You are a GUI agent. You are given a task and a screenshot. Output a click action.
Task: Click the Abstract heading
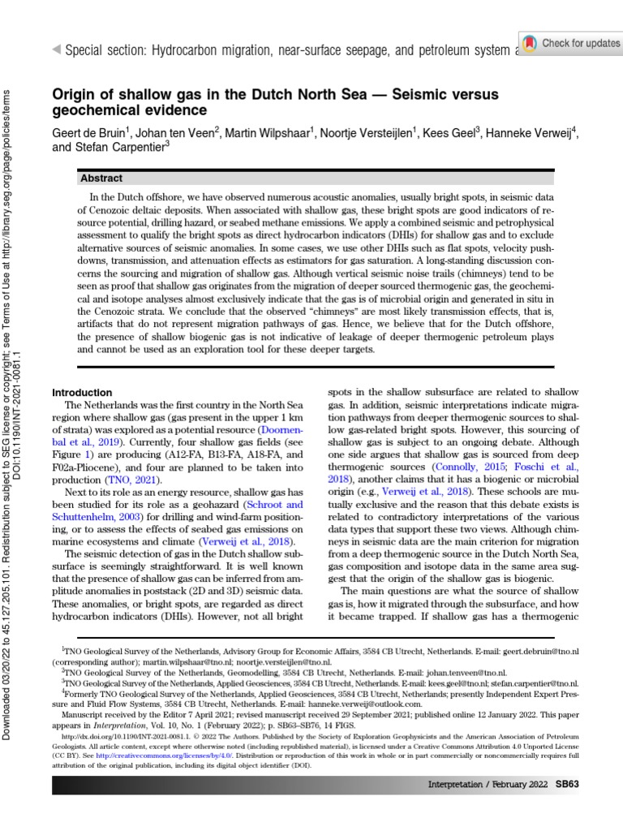[101, 178]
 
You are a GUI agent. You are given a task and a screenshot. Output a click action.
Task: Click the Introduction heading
[82, 392]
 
